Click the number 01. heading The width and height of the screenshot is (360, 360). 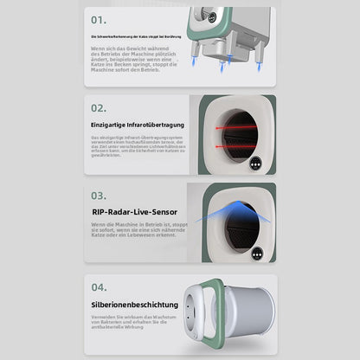[x=100, y=18]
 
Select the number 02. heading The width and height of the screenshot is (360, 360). [x=100, y=108]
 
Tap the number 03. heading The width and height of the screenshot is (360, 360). [x=100, y=196]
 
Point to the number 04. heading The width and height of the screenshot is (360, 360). [x=100, y=287]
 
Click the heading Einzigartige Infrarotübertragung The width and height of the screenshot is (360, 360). [x=138, y=126]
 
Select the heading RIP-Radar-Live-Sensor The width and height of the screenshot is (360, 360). [x=133, y=210]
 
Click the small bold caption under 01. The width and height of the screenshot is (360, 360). [x=137, y=38]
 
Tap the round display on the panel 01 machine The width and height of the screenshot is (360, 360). [x=208, y=15]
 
